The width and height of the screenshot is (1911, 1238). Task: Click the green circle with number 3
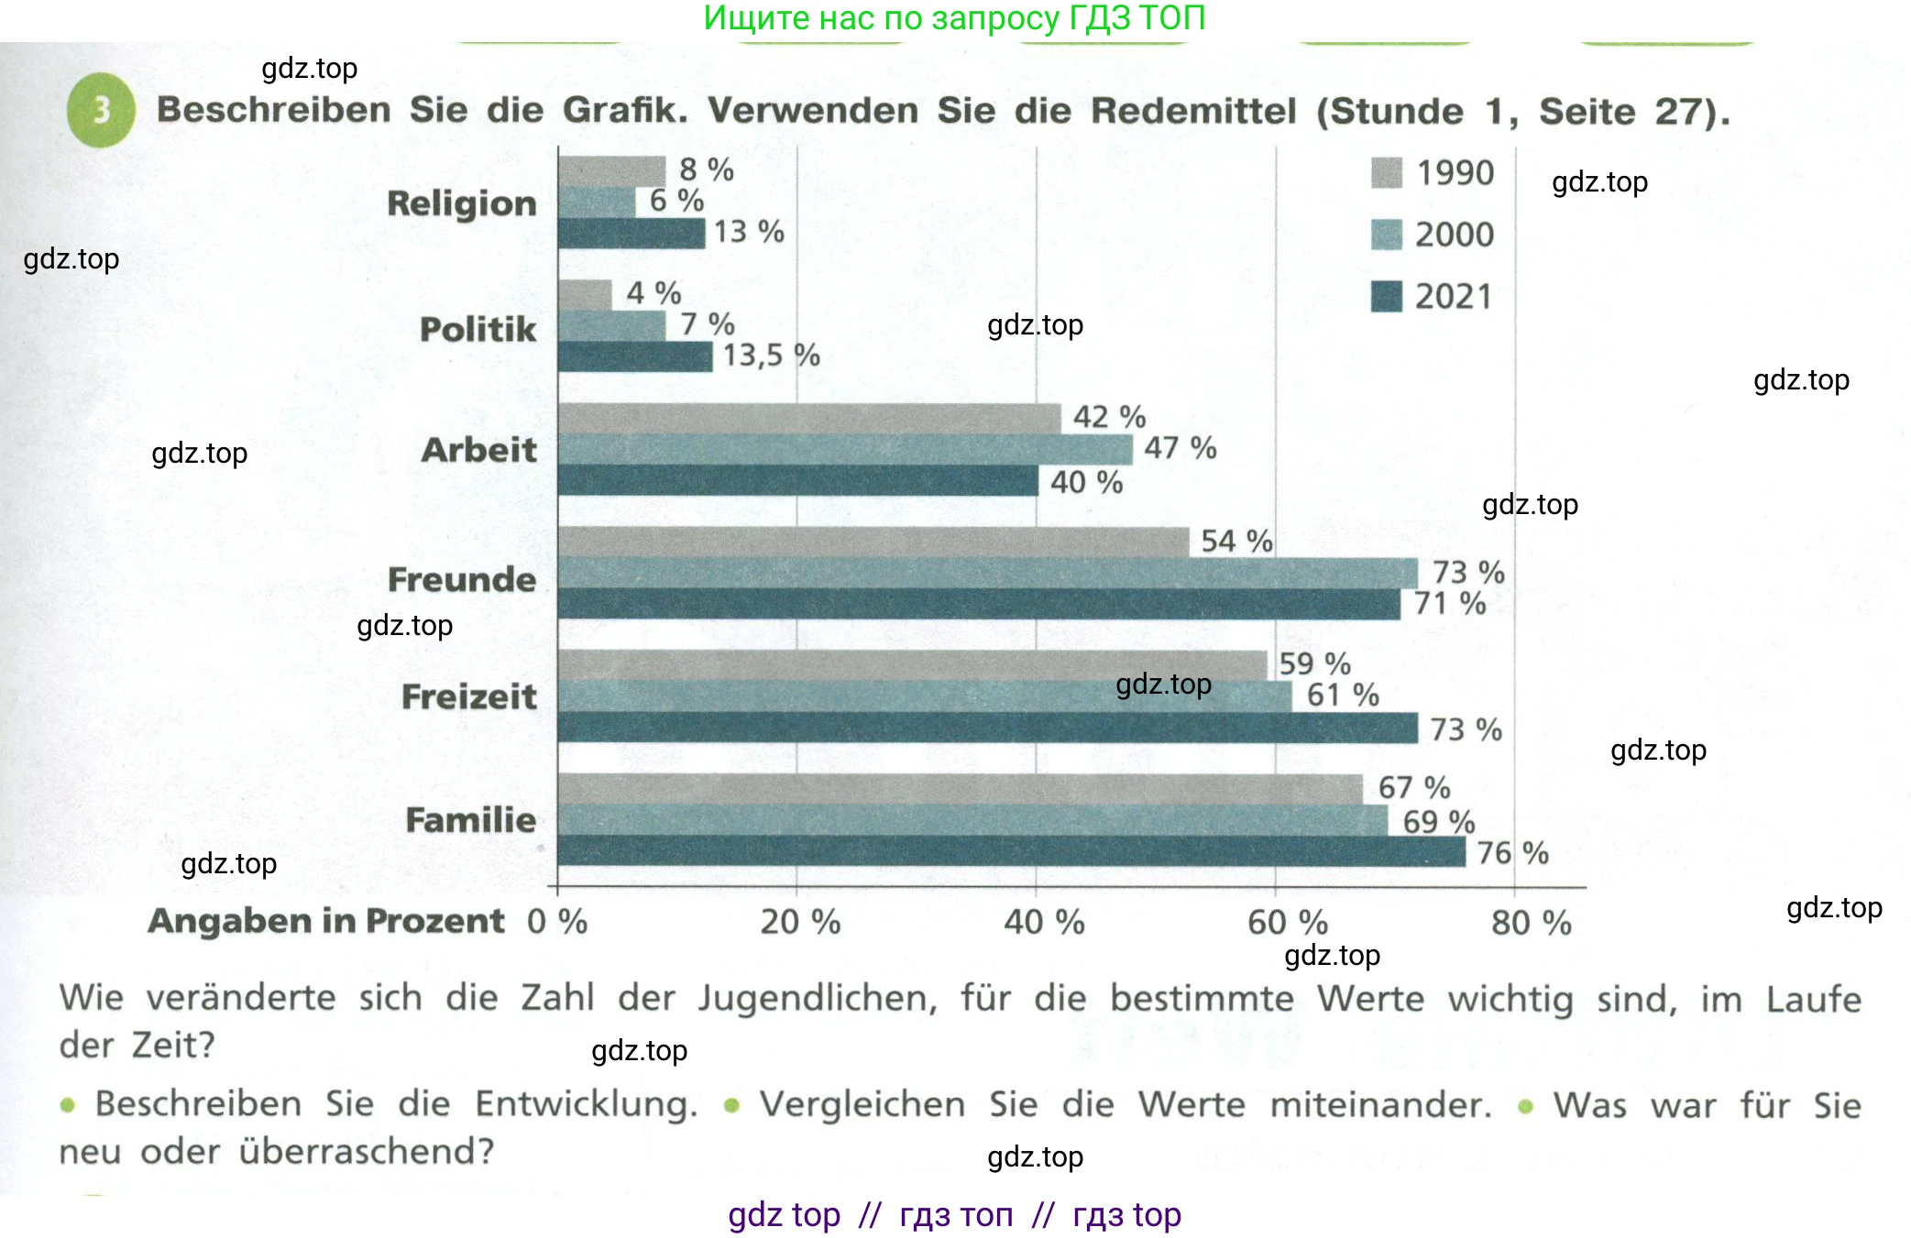pyautogui.click(x=101, y=110)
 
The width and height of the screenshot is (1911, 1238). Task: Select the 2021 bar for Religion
pyautogui.click(x=631, y=234)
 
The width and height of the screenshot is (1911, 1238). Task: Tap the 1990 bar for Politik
pyautogui.click(x=584, y=295)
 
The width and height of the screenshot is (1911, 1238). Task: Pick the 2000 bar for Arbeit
pyautogui.click(x=844, y=449)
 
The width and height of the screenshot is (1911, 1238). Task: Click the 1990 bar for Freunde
pyautogui.click(x=873, y=542)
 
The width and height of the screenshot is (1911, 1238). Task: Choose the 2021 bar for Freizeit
pyautogui.click(x=987, y=728)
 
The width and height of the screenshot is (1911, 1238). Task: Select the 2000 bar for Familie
pyautogui.click(x=972, y=819)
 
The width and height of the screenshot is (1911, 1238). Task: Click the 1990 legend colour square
pyautogui.click(x=1386, y=172)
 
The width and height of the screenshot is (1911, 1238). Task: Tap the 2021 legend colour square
pyautogui.click(x=1386, y=296)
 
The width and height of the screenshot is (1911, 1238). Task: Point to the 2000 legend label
pyautogui.click(x=1454, y=235)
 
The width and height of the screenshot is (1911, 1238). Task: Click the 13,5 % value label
pyautogui.click(x=771, y=356)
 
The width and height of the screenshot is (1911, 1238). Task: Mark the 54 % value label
pyautogui.click(x=1236, y=542)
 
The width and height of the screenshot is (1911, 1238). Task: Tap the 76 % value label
pyautogui.click(x=1512, y=853)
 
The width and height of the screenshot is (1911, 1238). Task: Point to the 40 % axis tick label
pyautogui.click(x=1044, y=922)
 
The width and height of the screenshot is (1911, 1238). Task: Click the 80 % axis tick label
pyautogui.click(x=1531, y=922)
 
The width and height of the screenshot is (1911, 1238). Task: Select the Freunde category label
pyautogui.click(x=461, y=579)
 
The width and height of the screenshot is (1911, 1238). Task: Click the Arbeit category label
pyautogui.click(x=478, y=450)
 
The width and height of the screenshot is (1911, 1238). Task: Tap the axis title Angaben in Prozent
pyautogui.click(x=326, y=921)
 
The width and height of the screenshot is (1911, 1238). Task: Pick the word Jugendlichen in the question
pyautogui.click(x=817, y=998)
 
